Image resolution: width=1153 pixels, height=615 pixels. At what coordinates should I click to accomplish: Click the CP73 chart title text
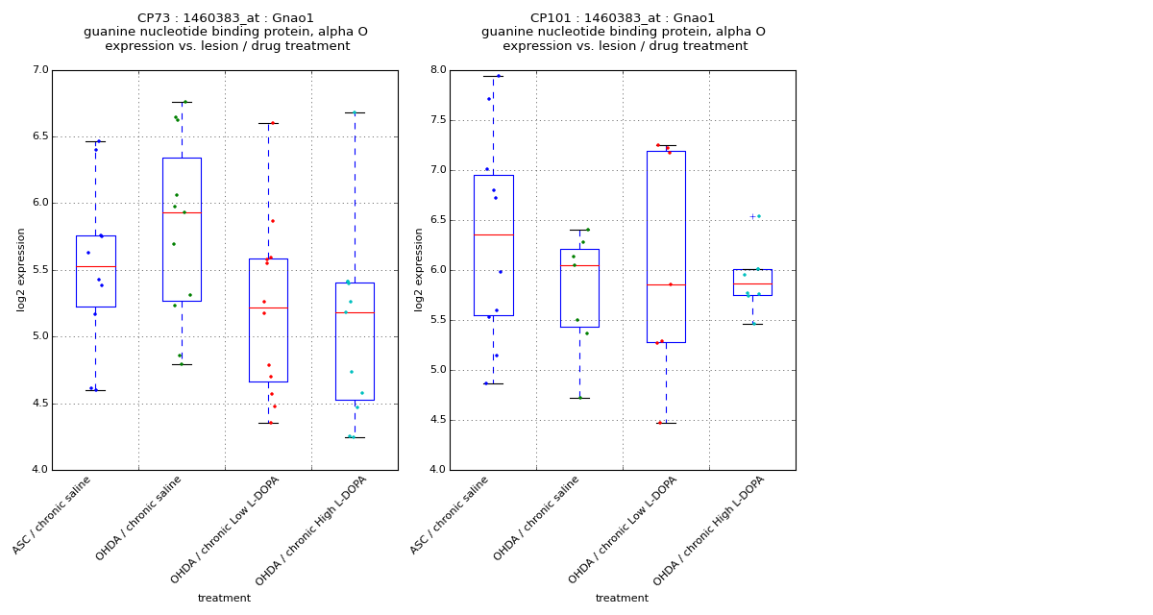click(x=226, y=32)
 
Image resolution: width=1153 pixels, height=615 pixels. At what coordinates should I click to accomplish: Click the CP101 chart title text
click(x=624, y=32)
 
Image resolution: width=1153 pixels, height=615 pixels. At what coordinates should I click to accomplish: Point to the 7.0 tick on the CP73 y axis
click(x=39, y=70)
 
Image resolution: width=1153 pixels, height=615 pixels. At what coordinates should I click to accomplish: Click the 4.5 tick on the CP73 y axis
click(x=39, y=404)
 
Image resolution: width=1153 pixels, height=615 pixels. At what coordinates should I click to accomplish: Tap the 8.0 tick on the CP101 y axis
click(x=437, y=70)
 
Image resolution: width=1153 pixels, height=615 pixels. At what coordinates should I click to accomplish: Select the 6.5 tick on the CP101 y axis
click(x=437, y=220)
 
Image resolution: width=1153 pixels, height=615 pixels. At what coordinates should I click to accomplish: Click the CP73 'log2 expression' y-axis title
click(x=21, y=269)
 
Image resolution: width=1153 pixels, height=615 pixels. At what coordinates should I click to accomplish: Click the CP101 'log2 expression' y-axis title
click(x=419, y=269)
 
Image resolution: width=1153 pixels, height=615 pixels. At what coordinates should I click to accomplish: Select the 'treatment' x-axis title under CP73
click(x=224, y=598)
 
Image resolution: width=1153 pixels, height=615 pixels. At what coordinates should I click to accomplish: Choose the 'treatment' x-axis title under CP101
click(x=622, y=598)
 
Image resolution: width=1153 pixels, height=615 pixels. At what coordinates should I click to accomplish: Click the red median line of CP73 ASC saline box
click(x=95, y=266)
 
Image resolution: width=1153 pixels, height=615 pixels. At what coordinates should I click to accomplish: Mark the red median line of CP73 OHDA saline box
click(x=182, y=212)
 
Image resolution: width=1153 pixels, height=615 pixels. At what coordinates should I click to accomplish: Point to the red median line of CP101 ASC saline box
click(x=493, y=234)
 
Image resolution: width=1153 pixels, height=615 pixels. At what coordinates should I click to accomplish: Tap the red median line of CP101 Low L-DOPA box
click(x=666, y=284)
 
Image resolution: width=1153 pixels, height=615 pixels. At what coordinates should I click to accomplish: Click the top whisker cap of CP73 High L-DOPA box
click(x=355, y=112)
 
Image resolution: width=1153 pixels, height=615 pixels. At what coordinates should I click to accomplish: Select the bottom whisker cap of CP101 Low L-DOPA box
click(x=666, y=423)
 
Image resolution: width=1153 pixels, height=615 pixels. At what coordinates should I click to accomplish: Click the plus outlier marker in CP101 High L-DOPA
click(x=752, y=216)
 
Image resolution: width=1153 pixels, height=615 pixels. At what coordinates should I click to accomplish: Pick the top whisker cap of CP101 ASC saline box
click(x=493, y=76)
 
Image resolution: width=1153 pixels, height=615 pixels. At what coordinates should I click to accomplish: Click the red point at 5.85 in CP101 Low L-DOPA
click(x=671, y=284)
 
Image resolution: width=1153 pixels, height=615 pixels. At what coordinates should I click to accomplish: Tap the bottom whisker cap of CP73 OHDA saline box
click(x=182, y=364)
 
